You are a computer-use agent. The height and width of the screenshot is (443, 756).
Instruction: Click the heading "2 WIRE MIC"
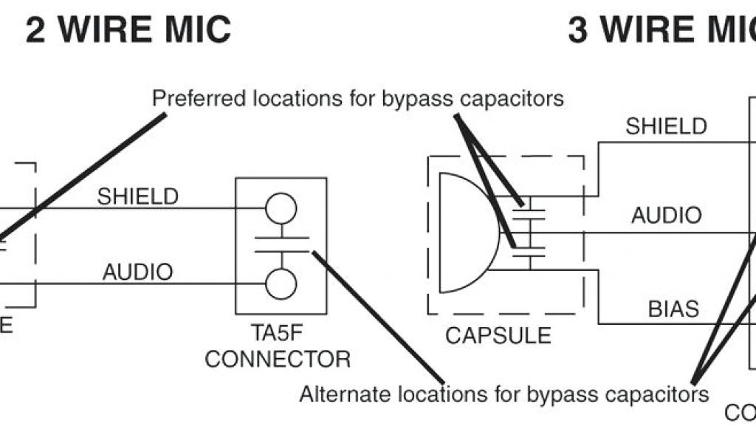coord(128,30)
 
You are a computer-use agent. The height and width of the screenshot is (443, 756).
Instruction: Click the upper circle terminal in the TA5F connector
coord(281,208)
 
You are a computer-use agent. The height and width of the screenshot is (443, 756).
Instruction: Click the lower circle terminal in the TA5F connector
coord(281,284)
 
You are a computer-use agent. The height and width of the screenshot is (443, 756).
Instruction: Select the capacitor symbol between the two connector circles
coord(281,245)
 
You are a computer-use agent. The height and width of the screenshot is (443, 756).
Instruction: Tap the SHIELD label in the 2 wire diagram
coord(138,196)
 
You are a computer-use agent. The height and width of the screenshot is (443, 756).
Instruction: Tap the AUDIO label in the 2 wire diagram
coord(138,272)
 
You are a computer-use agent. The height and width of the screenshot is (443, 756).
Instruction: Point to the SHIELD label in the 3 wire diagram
coord(666,126)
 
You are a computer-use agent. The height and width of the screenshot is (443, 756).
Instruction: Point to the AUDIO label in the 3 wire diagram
coord(666,216)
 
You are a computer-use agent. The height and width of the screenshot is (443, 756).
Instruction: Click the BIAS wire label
coord(673,309)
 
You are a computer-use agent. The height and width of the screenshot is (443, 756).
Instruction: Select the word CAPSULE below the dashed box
coord(498,335)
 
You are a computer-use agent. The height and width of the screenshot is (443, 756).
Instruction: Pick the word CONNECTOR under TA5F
coord(278,360)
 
